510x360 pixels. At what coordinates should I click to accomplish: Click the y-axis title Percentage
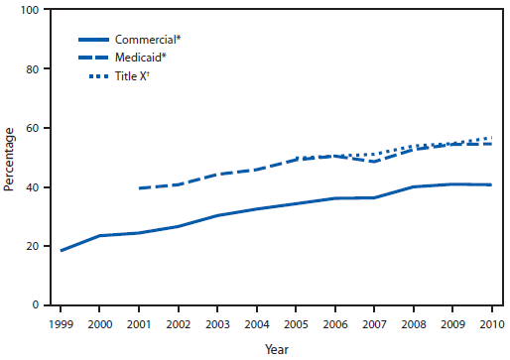(9, 159)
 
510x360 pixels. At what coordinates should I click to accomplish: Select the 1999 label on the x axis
(62, 323)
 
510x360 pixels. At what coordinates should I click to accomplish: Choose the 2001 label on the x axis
(140, 323)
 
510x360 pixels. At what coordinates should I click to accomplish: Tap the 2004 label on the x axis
(257, 323)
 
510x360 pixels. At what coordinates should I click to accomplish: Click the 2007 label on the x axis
(374, 323)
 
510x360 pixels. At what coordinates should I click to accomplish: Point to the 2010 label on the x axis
(490, 323)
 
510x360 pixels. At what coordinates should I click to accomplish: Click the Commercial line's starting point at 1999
(62, 250)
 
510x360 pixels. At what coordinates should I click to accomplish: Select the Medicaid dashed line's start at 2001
(140, 188)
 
